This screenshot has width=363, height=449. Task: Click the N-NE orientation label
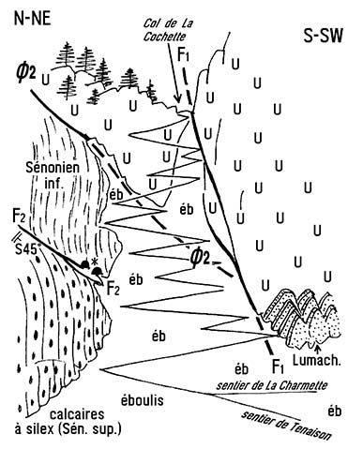click(x=32, y=19)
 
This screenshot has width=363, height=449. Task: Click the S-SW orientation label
click(x=324, y=37)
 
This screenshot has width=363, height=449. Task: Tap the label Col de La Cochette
click(x=167, y=30)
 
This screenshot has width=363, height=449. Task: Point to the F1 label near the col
click(x=184, y=54)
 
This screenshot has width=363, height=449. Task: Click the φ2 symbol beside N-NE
click(x=26, y=75)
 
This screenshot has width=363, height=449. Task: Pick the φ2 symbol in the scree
click(x=200, y=258)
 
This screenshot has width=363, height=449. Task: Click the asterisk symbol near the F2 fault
click(x=93, y=262)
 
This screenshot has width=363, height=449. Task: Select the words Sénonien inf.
click(x=53, y=174)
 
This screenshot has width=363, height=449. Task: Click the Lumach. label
click(x=316, y=360)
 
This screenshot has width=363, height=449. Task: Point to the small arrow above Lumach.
click(x=318, y=348)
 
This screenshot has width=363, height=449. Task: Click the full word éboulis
click(x=142, y=400)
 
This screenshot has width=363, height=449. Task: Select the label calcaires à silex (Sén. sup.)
click(x=68, y=422)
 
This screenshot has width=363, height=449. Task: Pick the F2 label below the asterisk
click(x=113, y=288)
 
